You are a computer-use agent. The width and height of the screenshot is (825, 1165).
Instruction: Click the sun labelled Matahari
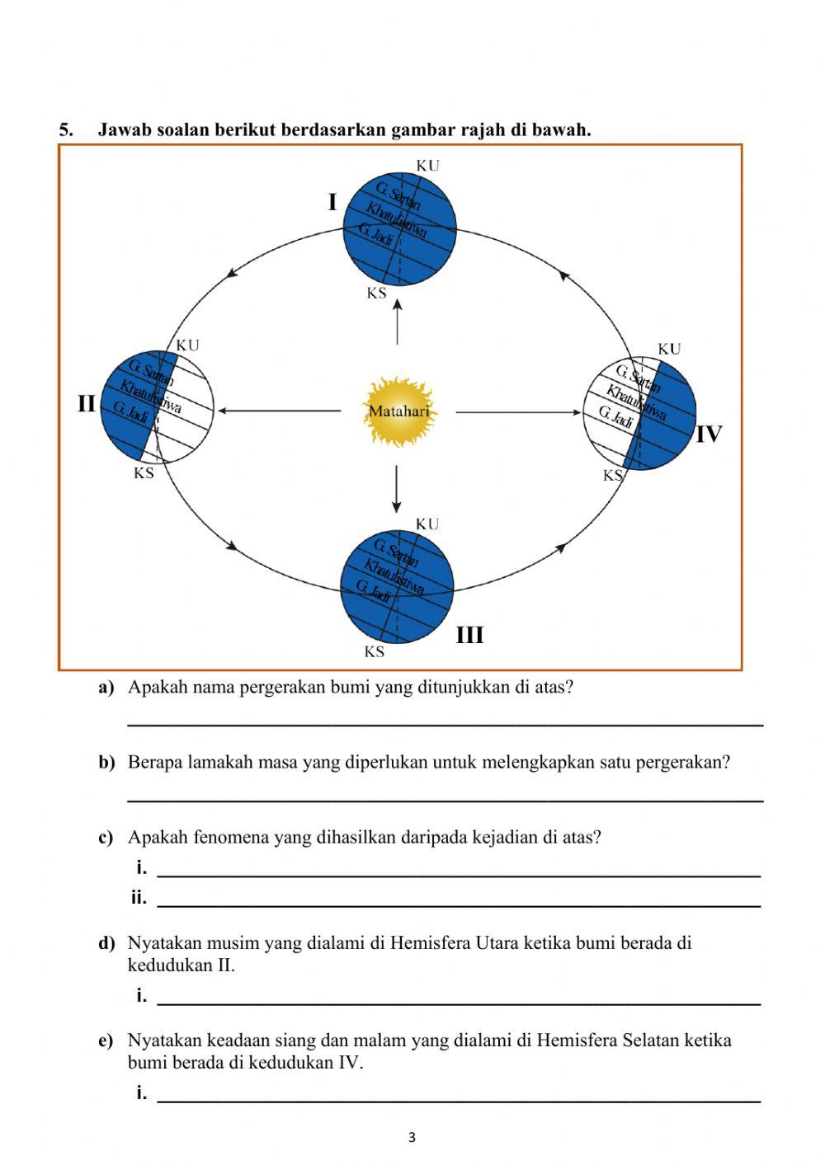pyautogui.click(x=398, y=411)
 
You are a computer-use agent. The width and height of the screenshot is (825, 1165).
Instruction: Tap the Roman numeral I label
pyautogui.click(x=332, y=203)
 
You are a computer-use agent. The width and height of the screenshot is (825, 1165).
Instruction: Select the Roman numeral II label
pyautogui.click(x=87, y=405)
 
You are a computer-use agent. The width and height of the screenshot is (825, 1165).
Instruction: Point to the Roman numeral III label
pyautogui.click(x=469, y=636)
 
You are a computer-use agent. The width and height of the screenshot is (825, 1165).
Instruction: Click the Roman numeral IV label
pyautogui.click(x=709, y=435)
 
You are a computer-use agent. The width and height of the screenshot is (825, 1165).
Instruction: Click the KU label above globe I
pyautogui.click(x=427, y=166)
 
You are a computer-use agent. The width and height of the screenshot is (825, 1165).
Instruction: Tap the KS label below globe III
pyautogui.click(x=375, y=652)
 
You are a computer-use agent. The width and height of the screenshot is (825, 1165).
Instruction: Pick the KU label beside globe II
pyautogui.click(x=188, y=346)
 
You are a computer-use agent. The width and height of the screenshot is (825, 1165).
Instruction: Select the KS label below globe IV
pyautogui.click(x=613, y=476)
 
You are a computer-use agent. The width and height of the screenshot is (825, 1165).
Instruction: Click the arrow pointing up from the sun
pyautogui.click(x=398, y=322)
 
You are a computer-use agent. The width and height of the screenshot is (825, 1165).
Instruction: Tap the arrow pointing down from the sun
pyautogui.click(x=397, y=489)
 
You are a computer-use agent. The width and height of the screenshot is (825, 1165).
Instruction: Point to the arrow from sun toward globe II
pyautogui.click(x=280, y=410)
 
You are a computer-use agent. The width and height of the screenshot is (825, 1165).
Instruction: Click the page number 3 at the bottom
pyautogui.click(x=412, y=1139)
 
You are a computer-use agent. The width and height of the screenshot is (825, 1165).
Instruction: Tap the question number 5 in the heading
pyautogui.click(x=65, y=130)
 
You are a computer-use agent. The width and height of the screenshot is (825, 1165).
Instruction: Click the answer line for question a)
pyautogui.click(x=445, y=724)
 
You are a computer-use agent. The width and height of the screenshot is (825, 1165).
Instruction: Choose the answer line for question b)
pyautogui.click(x=445, y=799)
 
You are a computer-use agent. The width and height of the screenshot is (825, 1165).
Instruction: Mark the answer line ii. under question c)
pyautogui.click(x=458, y=905)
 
